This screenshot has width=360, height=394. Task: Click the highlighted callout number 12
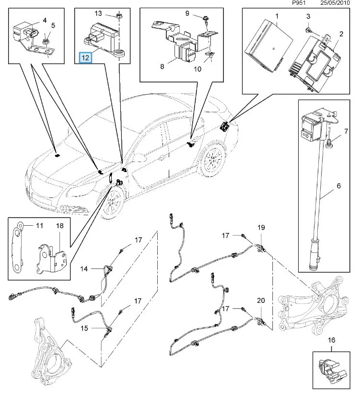[85, 58]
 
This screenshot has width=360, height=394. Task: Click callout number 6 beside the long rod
[339, 186]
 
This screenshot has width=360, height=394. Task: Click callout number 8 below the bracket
[162, 67]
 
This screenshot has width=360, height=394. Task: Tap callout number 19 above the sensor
[261, 227]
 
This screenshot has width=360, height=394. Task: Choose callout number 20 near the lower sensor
[261, 301]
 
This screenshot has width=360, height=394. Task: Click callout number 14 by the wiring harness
[84, 269]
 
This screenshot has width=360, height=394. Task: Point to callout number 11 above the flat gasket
[39, 224]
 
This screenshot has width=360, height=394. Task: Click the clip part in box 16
[330, 370]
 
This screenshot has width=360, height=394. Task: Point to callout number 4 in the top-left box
[45, 20]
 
